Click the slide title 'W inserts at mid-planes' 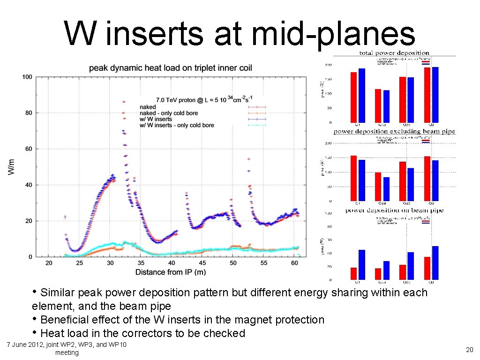tap(240, 34)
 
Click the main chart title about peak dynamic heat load tap(171, 68)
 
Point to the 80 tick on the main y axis tap(29, 113)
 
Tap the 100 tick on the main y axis tap(27, 77)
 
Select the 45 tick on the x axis tap(202, 263)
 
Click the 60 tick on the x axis tap(294, 263)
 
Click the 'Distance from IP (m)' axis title tap(171, 272)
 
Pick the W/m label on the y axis tap(11, 167)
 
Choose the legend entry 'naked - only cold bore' tap(169, 113)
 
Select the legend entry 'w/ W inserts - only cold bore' tap(177, 125)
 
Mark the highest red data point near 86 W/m tap(124, 102)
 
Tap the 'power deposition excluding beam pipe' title tap(388, 132)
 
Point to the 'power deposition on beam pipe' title tap(388, 210)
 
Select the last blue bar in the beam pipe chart tap(435, 263)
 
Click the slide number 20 tap(469, 349)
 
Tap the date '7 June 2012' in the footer tap(25, 345)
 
